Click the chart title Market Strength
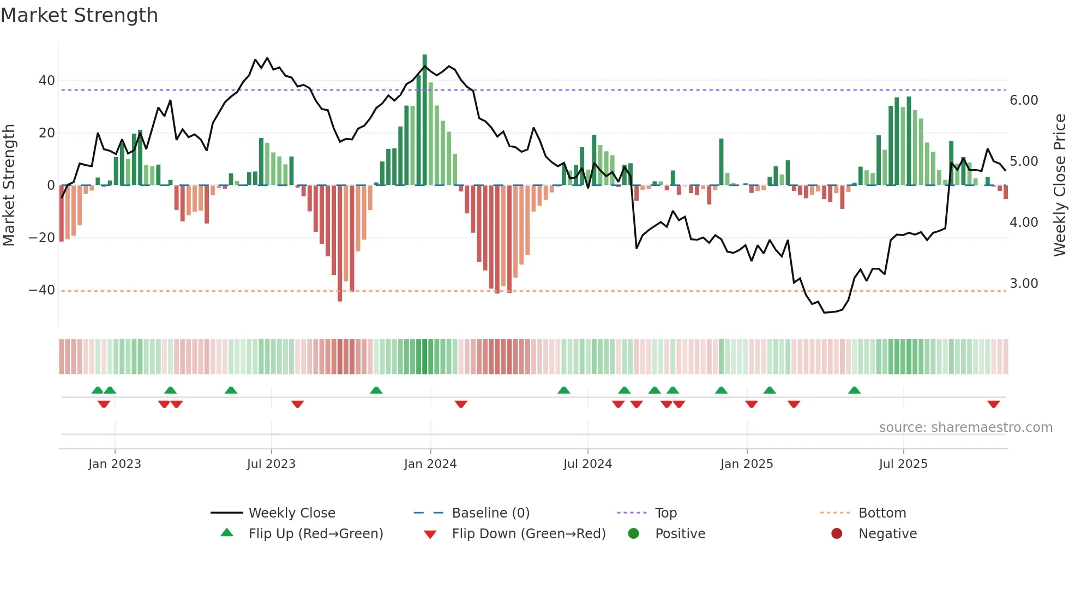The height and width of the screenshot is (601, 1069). coord(79,15)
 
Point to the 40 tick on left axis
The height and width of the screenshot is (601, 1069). coord(47,81)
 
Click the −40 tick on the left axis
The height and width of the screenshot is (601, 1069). coord(42,290)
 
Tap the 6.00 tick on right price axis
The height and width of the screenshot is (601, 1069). coord(1024,100)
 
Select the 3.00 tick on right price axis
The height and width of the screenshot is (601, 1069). coord(1024,284)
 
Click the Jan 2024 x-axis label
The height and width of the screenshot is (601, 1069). coord(430,464)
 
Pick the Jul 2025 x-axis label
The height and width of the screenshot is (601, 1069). coord(903,464)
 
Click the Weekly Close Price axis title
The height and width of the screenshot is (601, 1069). coord(1059,185)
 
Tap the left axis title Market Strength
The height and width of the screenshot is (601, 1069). coord(9,185)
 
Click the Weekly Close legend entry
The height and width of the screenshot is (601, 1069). coord(292,513)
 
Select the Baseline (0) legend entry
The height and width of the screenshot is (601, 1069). coord(490,513)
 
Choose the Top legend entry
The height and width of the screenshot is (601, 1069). coord(665,513)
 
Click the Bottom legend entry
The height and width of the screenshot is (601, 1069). coord(882,513)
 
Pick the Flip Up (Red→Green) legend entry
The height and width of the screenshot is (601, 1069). coord(316,534)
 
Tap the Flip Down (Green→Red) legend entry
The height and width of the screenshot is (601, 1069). coord(529,534)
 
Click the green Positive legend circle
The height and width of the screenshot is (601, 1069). coord(633,534)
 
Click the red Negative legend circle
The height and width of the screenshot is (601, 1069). coord(837,534)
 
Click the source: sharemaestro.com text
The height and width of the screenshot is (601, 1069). coord(965,428)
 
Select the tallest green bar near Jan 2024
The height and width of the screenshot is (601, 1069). coord(425,120)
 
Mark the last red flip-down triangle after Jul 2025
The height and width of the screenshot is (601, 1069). coord(993,404)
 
